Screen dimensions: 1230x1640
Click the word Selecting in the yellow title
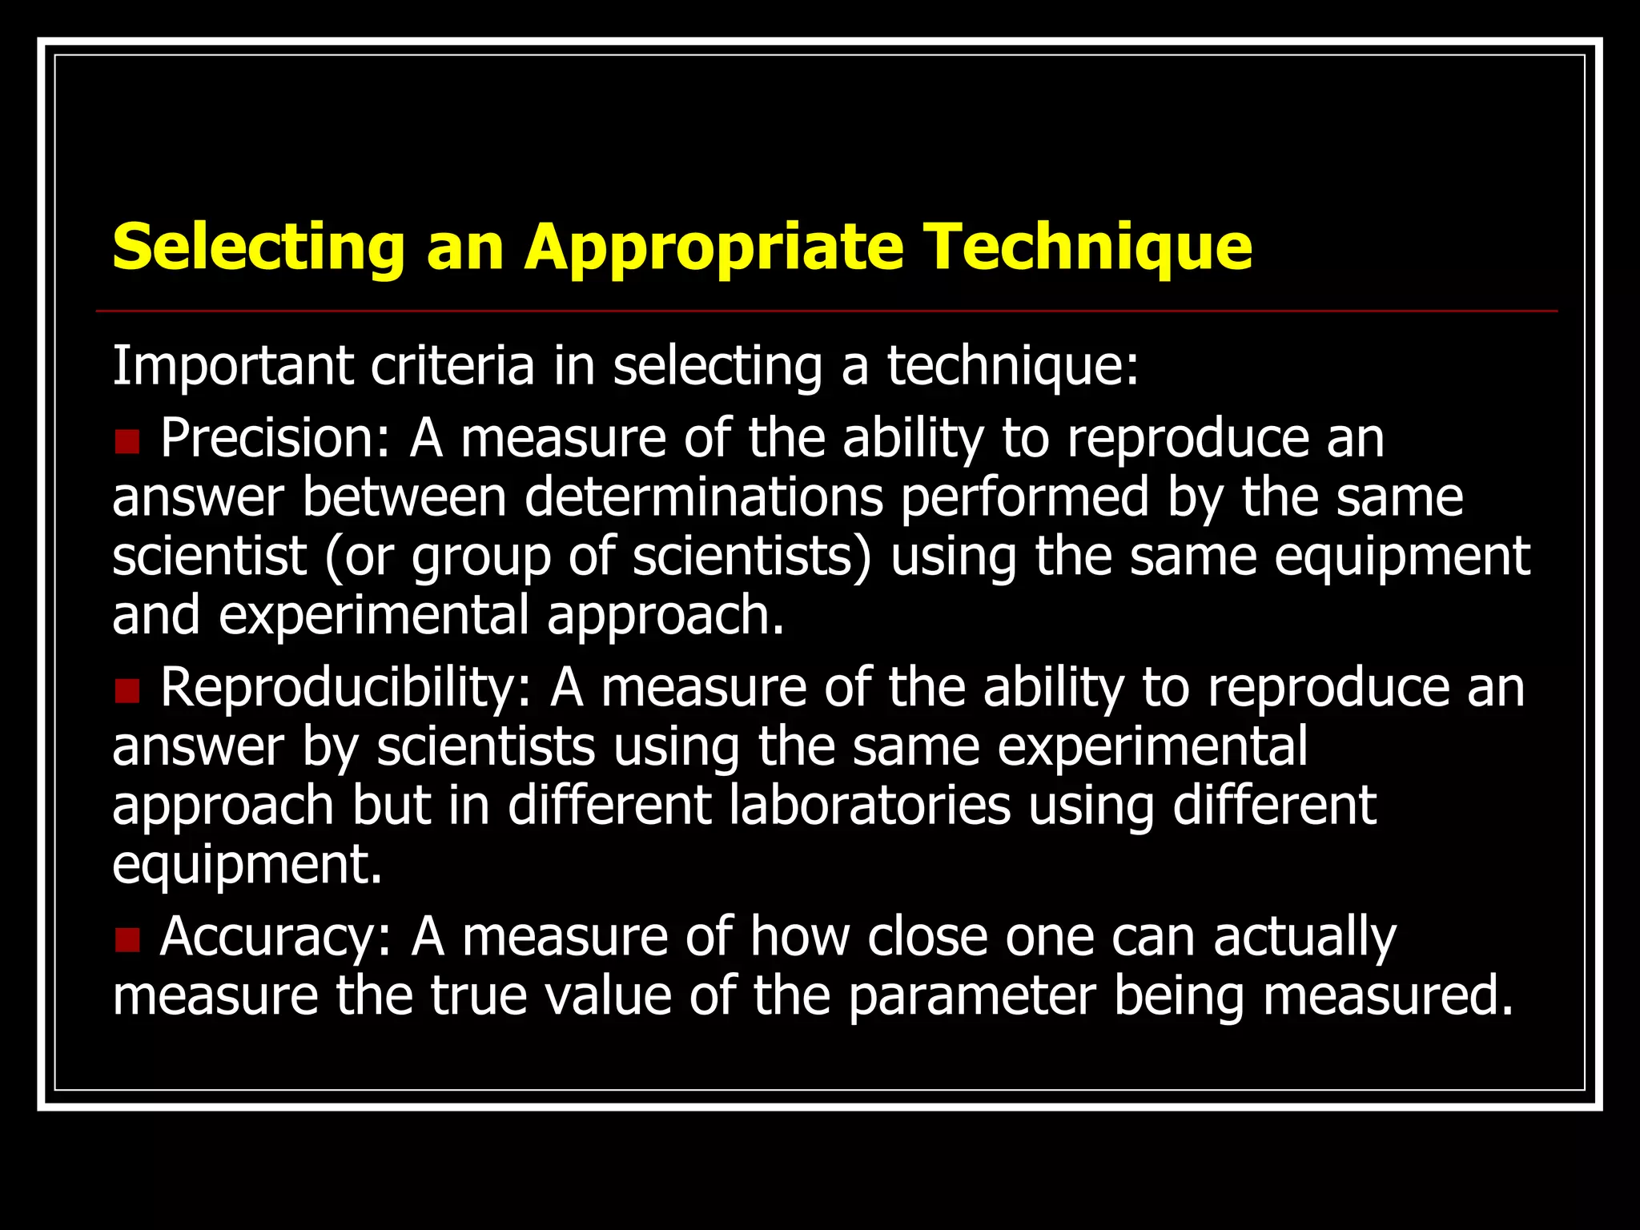click(x=258, y=247)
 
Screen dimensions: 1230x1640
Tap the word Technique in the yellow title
click(x=1087, y=247)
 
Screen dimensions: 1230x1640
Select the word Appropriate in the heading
click(x=713, y=247)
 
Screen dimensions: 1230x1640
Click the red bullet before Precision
click(x=127, y=441)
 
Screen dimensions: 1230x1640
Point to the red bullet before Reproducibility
click(x=127, y=690)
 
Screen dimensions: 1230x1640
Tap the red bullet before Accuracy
click(x=127, y=939)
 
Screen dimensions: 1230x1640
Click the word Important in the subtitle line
click(x=233, y=366)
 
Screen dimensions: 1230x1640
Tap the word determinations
click(x=704, y=497)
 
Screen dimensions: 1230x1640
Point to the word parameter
click(x=971, y=996)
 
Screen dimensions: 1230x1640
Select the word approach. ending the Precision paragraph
click(x=665, y=615)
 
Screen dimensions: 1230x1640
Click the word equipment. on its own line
click(x=247, y=865)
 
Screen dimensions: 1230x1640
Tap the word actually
click(x=1304, y=937)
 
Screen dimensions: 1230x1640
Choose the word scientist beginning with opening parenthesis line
click(x=209, y=557)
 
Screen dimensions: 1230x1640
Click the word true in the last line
click(x=479, y=996)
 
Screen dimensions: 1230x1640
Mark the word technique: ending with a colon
click(x=1012, y=366)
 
